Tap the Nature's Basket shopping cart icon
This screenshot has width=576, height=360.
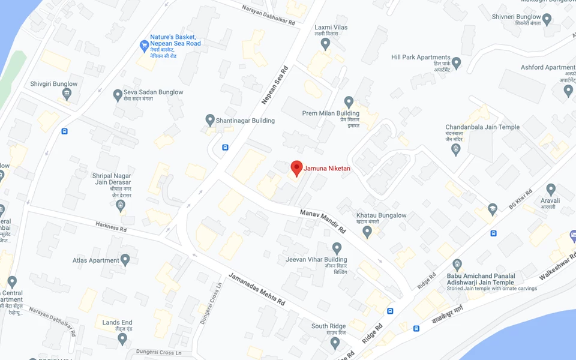tap(144, 46)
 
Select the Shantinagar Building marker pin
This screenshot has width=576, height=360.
tap(210, 120)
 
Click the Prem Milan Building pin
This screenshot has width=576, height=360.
tap(349, 102)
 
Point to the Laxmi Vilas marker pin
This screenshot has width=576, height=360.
tap(325, 43)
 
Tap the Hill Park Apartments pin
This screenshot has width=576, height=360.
tap(457, 62)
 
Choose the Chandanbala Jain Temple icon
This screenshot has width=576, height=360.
tap(456, 149)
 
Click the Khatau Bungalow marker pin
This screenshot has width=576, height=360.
tap(367, 231)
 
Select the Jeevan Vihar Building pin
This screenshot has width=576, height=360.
tap(337, 248)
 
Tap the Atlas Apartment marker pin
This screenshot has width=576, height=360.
tap(125, 260)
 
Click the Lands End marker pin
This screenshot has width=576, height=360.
tap(122, 338)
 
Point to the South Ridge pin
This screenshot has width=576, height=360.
tap(335, 343)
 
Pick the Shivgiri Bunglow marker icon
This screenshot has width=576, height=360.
tap(67, 94)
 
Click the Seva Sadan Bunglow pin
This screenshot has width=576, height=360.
tap(118, 95)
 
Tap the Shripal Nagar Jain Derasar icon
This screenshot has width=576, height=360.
tap(121, 206)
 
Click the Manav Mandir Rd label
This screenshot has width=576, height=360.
tap(323, 221)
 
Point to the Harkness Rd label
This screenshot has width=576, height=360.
tap(112, 226)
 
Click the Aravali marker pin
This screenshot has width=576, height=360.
tap(551, 191)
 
